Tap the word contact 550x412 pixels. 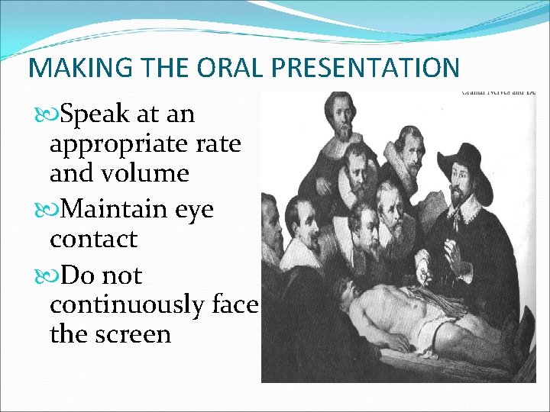93,239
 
